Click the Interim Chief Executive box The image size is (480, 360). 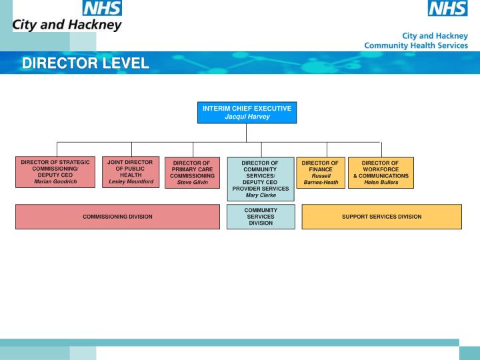coord(246,113)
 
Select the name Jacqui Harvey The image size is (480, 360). coord(247,117)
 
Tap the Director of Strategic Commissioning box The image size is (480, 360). coord(55,171)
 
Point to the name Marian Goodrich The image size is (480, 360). coord(55,181)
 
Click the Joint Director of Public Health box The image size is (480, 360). coord(131,171)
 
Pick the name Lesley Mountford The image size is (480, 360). coord(131,181)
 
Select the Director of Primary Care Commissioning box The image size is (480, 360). coord(192,173)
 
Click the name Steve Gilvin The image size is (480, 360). coord(192,182)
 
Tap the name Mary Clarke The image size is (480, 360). coord(261,195)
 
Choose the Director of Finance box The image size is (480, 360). coord(321,173)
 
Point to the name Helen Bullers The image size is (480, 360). coord(381,182)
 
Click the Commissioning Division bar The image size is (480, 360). coord(117,217)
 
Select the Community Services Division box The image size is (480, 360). coord(261,217)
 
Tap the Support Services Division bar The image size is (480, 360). coord(381,217)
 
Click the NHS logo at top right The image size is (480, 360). coord(447,8)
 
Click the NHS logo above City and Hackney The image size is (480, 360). coord(102,8)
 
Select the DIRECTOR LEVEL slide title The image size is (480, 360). coord(85,63)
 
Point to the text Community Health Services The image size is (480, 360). coord(415,45)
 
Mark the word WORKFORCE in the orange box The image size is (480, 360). coord(381,169)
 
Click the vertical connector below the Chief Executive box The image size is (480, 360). coord(246,133)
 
